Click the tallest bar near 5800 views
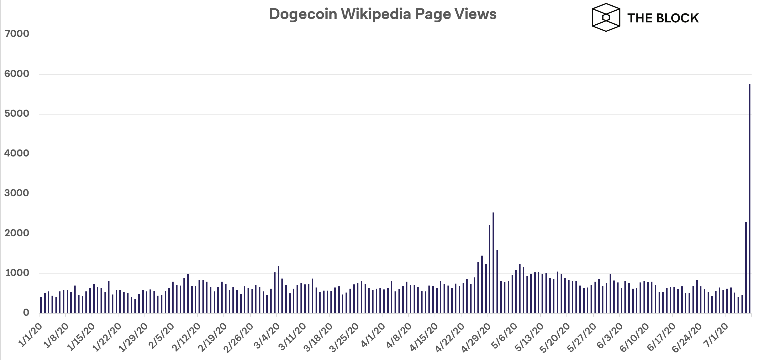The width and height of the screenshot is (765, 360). click(x=750, y=199)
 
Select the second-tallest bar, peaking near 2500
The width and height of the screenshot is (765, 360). click(x=493, y=263)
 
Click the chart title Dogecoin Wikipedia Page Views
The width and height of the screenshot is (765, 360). click(x=382, y=14)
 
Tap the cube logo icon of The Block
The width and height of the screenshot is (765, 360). click(x=606, y=18)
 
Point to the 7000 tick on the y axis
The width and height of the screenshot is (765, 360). click(x=17, y=34)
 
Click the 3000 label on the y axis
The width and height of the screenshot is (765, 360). click(x=17, y=193)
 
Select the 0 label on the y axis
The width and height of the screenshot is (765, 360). click(x=26, y=312)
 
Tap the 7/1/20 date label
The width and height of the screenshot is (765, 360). click(x=716, y=335)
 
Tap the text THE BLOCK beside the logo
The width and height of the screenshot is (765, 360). click(x=663, y=18)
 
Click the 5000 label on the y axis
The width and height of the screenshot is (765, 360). click(x=17, y=114)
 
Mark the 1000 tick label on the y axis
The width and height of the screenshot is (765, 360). click(x=17, y=273)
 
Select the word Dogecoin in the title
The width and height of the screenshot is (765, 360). click(x=303, y=14)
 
